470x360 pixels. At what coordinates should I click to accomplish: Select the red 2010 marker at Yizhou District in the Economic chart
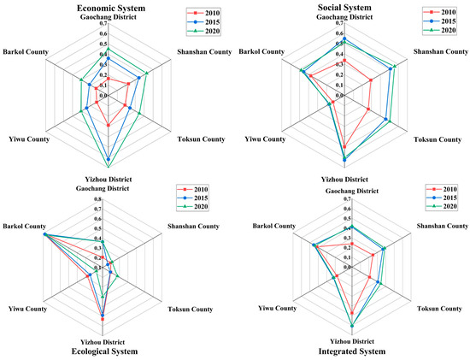[x=109, y=126]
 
